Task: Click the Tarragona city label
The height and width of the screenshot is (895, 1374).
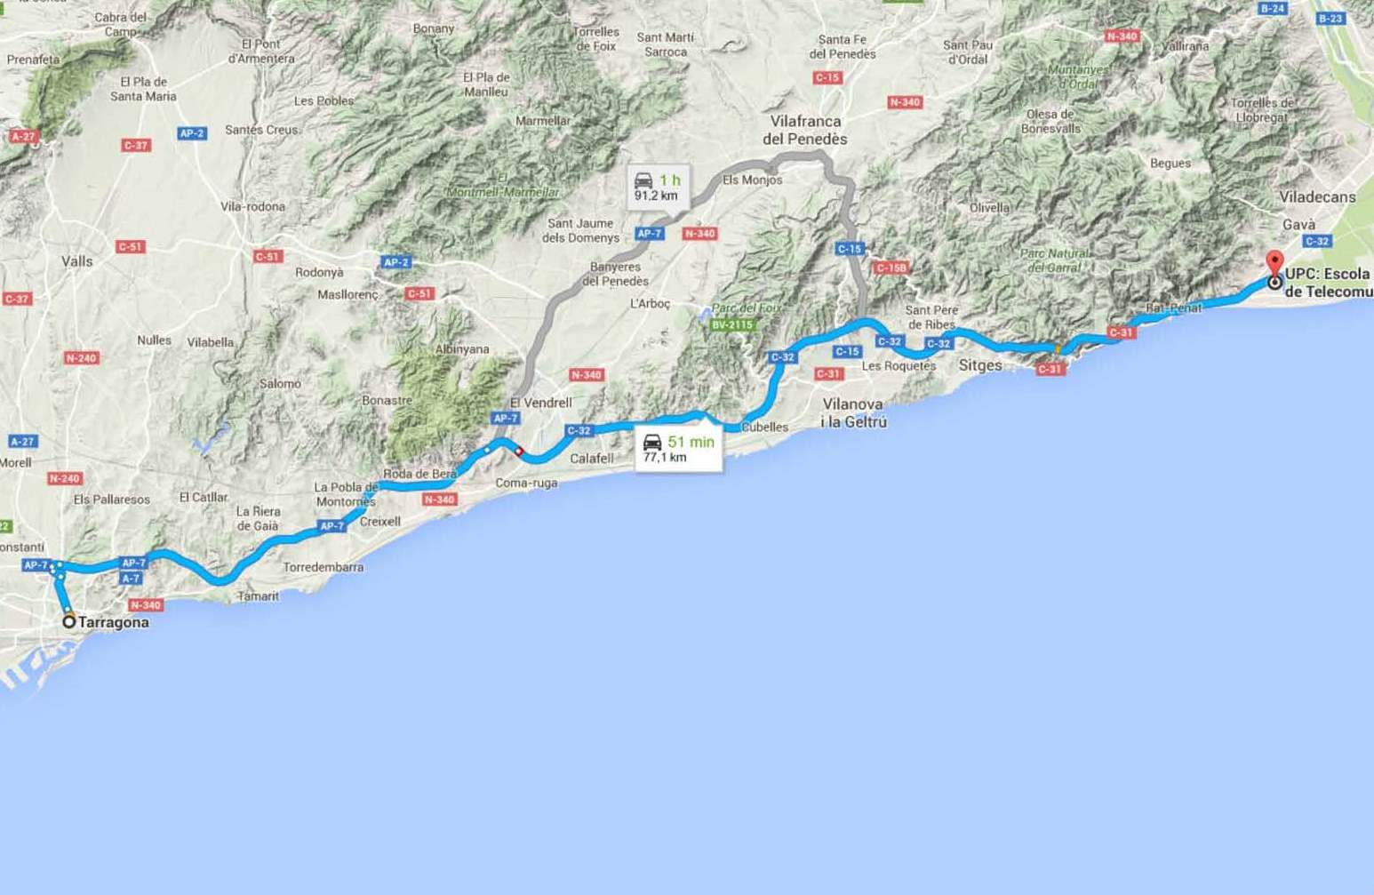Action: point(113,622)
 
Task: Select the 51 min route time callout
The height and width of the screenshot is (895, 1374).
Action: point(678,449)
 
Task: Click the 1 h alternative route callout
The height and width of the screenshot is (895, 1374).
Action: point(657,188)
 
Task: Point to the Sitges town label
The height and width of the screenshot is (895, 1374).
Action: point(980,365)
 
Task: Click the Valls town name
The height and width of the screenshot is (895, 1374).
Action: point(77,261)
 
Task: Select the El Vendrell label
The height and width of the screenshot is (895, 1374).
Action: point(540,403)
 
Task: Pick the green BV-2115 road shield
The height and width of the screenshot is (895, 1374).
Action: point(731,325)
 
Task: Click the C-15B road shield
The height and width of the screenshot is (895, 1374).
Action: point(891,268)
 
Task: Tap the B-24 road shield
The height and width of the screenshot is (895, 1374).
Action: point(1273,8)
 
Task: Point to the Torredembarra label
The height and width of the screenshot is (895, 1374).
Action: point(324,567)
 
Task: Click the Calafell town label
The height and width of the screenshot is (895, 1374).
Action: point(591,459)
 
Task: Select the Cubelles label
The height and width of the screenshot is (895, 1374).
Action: point(764,428)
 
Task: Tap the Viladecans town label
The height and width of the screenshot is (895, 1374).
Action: point(1317,197)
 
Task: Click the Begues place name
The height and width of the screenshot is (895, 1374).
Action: point(1170,164)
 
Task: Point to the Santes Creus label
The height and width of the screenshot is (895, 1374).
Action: point(261,130)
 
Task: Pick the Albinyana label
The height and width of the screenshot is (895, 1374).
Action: point(462,349)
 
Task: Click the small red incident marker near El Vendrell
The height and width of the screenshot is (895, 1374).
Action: point(519,451)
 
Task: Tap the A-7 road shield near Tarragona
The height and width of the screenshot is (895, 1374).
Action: point(131,579)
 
